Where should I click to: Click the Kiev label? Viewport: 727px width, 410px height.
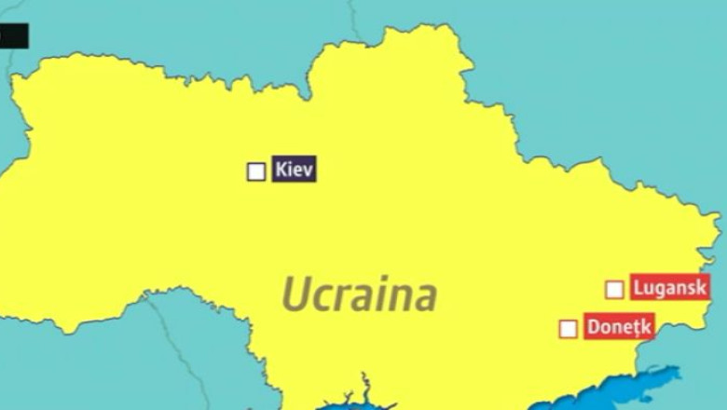(295, 171)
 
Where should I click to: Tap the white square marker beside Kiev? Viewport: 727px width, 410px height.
(256, 171)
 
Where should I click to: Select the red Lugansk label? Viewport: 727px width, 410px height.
(669, 288)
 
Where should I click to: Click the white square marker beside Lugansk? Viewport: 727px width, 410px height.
(614, 289)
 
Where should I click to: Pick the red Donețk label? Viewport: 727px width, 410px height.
(619, 327)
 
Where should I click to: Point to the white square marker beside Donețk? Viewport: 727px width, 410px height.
(568, 328)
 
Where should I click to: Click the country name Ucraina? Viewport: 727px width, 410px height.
(359, 294)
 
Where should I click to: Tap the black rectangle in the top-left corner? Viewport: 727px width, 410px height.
(14, 36)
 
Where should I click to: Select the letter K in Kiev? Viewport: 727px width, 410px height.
(281, 171)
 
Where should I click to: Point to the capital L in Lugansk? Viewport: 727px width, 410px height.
(638, 288)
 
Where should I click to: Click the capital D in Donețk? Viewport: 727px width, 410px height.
(593, 327)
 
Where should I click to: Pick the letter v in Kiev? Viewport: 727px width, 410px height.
(309, 171)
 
